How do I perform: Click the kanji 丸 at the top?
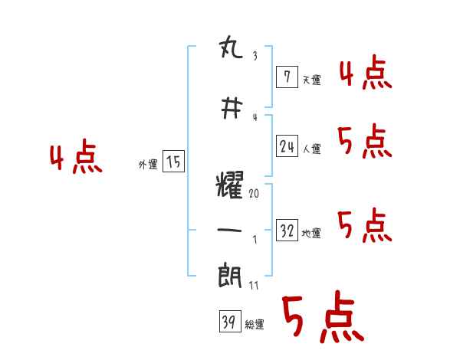(x=231, y=52)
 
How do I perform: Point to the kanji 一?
(x=231, y=231)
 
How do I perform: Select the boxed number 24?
(x=287, y=146)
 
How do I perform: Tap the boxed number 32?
(x=287, y=231)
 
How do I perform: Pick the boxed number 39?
(x=228, y=322)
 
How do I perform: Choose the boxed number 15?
(x=173, y=162)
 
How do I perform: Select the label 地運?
(x=311, y=234)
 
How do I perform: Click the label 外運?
(x=148, y=164)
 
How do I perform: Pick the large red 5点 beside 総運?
(x=322, y=318)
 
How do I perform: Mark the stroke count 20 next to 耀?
(x=254, y=195)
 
